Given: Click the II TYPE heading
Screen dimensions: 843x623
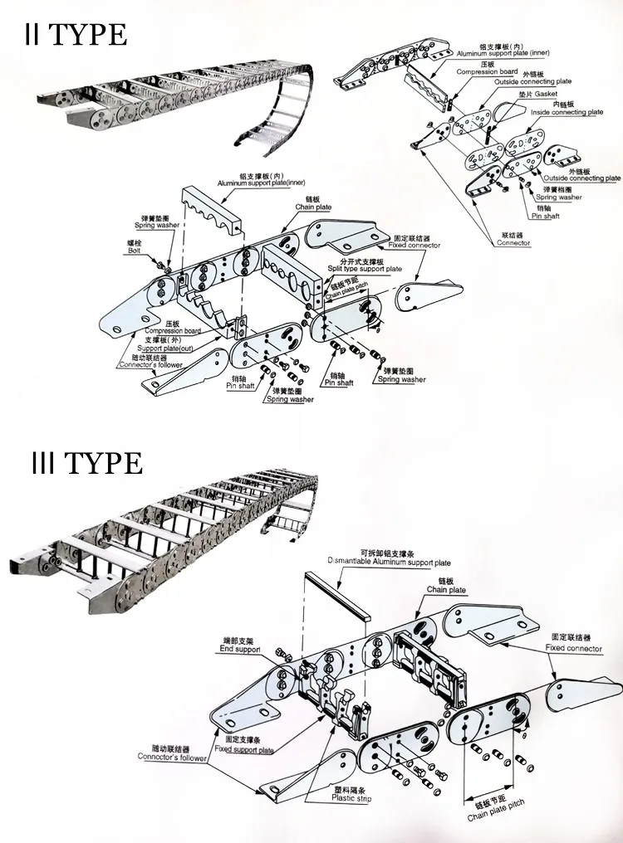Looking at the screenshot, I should (75, 35).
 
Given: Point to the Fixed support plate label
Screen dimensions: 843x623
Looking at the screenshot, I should (243, 749).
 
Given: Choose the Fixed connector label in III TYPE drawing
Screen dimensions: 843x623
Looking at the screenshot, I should (574, 648).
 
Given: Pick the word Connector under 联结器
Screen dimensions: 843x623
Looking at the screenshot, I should (513, 243).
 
